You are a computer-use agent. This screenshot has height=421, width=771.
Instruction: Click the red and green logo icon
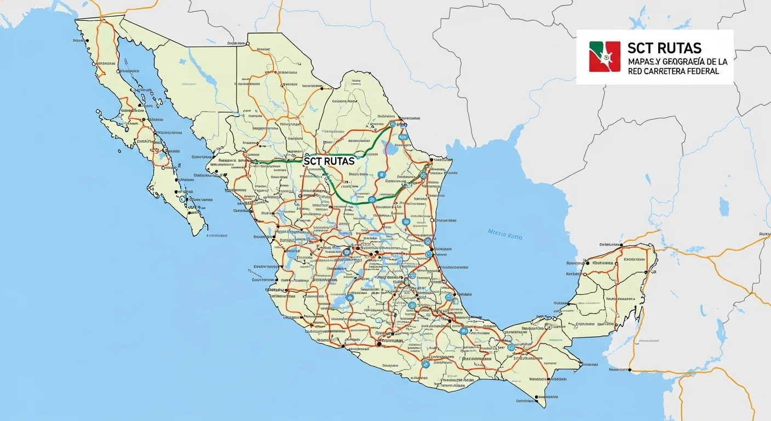point(605,56)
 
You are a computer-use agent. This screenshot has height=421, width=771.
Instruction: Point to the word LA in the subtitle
point(722,62)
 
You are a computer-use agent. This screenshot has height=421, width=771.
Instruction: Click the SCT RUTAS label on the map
point(329,162)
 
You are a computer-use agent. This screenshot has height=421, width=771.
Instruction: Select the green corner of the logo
point(594,47)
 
